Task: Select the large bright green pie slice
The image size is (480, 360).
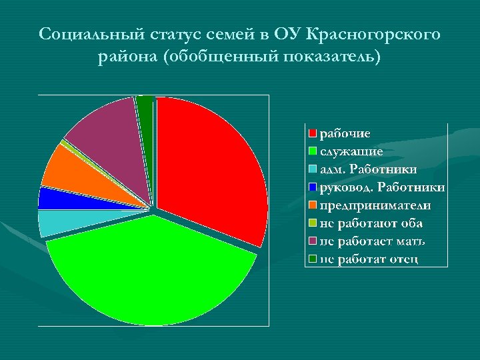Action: click(x=153, y=273)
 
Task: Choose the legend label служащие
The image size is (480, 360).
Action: click(x=351, y=151)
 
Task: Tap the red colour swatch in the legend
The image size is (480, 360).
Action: click(x=312, y=133)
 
